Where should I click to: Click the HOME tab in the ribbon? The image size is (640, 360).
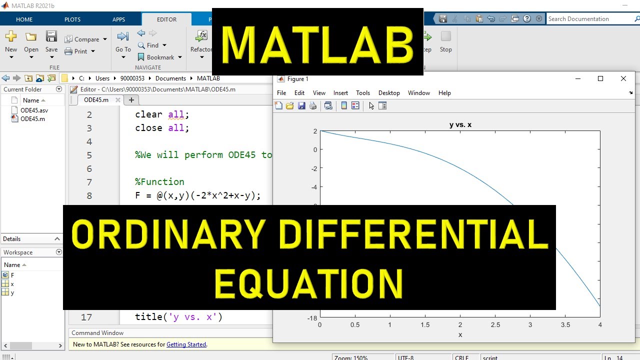(x=24, y=19)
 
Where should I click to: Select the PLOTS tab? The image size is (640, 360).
(x=72, y=19)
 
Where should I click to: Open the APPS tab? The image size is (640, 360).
(x=118, y=19)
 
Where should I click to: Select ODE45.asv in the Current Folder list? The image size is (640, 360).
(x=34, y=110)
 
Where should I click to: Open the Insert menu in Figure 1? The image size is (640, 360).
(x=340, y=93)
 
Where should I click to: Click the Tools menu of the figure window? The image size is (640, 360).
(x=363, y=93)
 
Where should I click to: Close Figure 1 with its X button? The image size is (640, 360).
(x=623, y=78)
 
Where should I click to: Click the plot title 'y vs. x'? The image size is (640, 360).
(x=460, y=125)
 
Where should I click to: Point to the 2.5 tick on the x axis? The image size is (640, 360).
(x=495, y=325)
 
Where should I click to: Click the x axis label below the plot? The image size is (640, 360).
(x=460, y=335)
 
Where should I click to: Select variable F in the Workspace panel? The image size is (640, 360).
(x=12, y=275)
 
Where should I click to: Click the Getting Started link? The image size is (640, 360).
(x=186, y=344)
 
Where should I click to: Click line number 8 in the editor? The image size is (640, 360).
(x=89, y=195)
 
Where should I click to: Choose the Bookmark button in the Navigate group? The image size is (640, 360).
(x=159, y=57)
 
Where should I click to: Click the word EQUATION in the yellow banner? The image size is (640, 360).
(x=309, y=284)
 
